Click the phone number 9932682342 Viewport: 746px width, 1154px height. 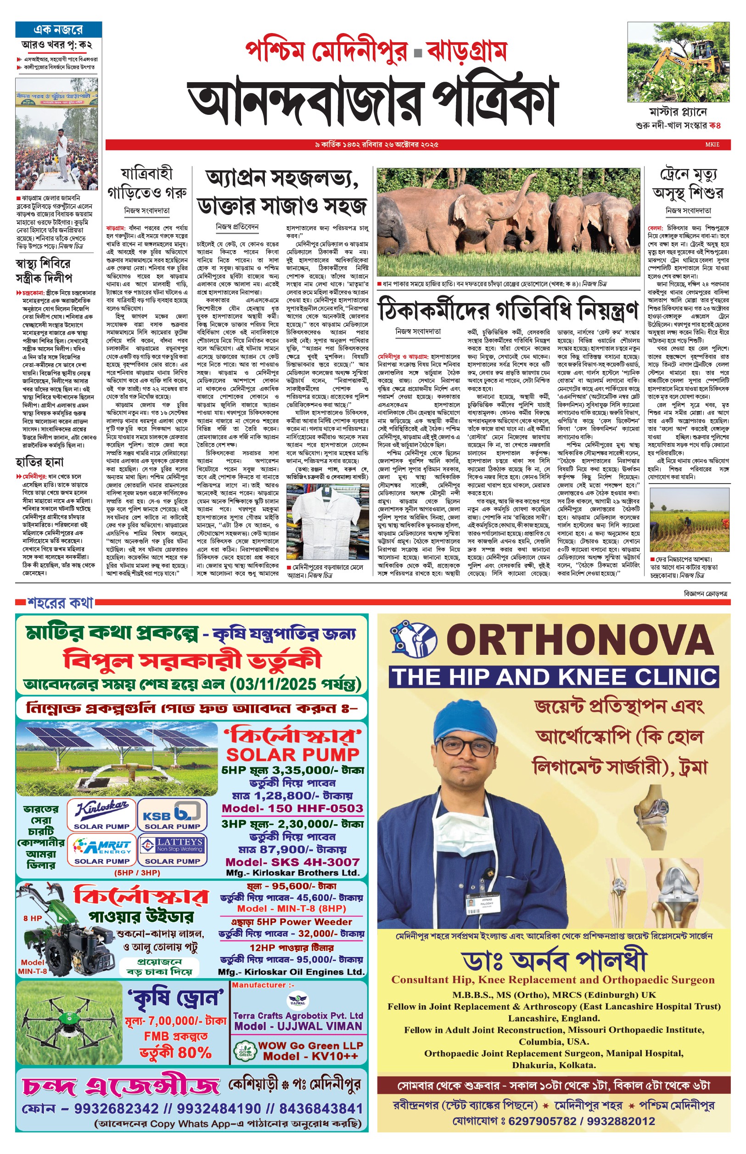[x=116, y=1109]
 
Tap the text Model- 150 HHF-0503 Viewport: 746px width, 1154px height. [x=292, y=808]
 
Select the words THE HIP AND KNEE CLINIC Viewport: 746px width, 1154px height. [x=554, y=677]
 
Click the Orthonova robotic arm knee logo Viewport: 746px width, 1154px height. [x=413, y=638]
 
